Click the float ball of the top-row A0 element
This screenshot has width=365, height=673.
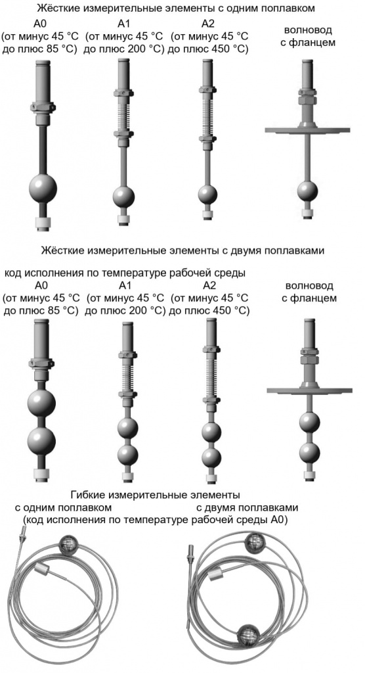pos(43,187)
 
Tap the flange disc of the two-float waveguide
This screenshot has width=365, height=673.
pos(309,390)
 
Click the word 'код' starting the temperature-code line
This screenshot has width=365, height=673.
pos(14,273)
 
